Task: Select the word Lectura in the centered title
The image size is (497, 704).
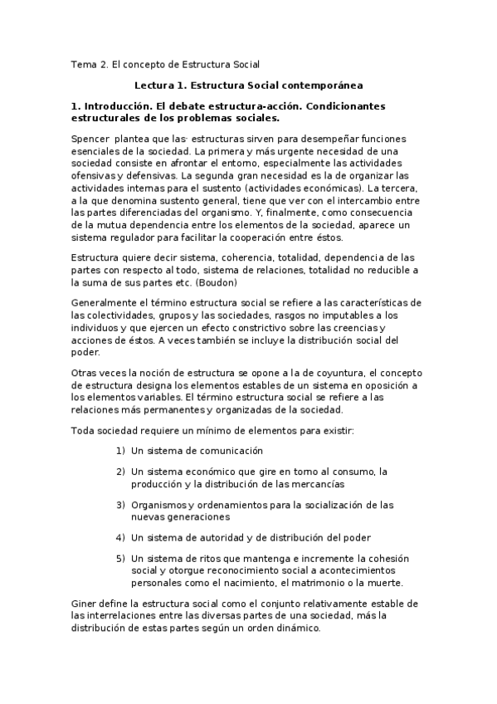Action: tap(154, 85)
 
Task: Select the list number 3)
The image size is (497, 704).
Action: tap(119, 504)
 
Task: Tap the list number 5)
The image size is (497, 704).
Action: tap(119, 558)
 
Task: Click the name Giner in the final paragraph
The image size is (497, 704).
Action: tap(85, 603)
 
